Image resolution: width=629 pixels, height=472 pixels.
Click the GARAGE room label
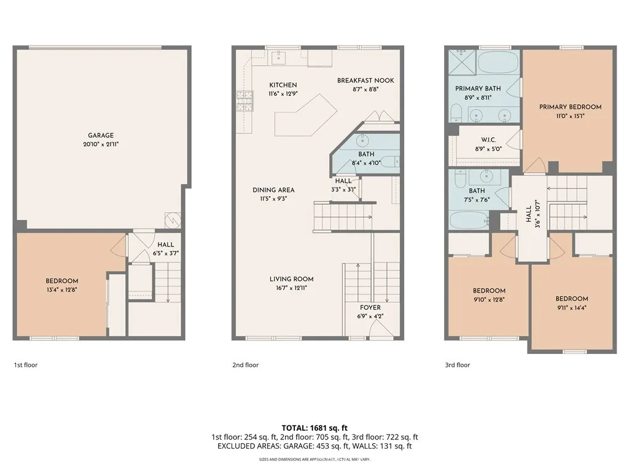pyautogui.click(x=101, y=135)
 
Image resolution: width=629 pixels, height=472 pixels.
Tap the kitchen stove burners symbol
pyautogui.click(x=244, y=101)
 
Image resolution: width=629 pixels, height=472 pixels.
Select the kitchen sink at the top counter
pyautogui.click(x=279, y=57)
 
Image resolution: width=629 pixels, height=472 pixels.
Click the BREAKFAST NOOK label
pyautogui.click(x=365, y=81)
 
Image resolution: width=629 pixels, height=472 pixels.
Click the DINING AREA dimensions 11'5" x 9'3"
pyautogui.click(x=273, y=199)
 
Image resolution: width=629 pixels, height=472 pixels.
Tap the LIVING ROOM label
pyautogui.click(x=291, y=279)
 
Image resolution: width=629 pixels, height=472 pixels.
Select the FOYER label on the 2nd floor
pyautogui.click(x=370, y=307)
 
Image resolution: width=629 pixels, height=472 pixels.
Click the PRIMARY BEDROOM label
pyautogui.click(x=570, y=107)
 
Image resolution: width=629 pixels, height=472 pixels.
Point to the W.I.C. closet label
pyautogui.click(x=488, y=140)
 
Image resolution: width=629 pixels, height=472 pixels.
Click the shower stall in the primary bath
pyautogui.click(x=462, y=62)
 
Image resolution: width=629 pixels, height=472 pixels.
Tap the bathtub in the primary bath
pyautogui.click(x=498, y=62)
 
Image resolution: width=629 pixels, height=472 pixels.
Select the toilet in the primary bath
pyautogui.click(x=456, y=113)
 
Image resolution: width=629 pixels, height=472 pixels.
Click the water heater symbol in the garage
pyautogui.click(x=173, y=221)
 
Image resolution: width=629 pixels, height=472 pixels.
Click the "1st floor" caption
pyautogui.click(x=26, y=365)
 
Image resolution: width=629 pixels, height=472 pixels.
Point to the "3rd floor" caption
pyautogui.click(x=457, y=365)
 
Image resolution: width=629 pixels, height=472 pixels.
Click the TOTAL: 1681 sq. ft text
pyautogui.click(x=314, y=428)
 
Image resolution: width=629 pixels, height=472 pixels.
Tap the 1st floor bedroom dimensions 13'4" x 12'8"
pyautogui.click(x=62, y=289)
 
